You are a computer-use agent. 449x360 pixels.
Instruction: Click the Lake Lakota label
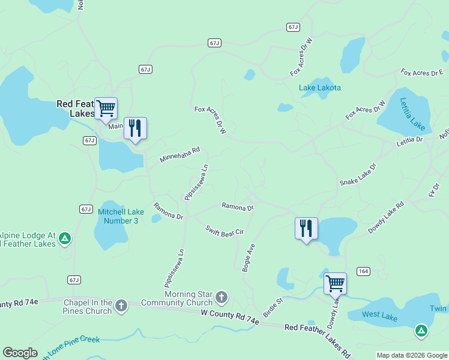pyautogui.click(x=320, y=88)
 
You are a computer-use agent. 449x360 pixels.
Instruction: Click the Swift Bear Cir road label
pyautogui.click(x=224, y=230)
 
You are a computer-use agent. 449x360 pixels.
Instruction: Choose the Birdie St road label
pyautogui.click(x=272, y=308)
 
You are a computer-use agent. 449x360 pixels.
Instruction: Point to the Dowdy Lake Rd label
pyautogui.click(x=386, y=217)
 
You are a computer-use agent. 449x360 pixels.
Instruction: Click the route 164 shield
pyautogui.click(x=363, y=271)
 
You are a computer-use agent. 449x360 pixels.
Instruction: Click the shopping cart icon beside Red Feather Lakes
pyautogui.click(x=106, y=109)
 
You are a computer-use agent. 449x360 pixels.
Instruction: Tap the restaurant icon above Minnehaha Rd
pyautogui.click(x=135, y=128)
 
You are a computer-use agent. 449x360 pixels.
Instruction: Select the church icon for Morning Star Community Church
pyautogui.click(x=221, y=296)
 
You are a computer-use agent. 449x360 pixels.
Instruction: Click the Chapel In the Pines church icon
pyautogui.click(x=121, y=306)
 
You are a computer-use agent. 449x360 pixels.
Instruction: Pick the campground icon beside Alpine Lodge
pyautogui.click(x=65, y=239)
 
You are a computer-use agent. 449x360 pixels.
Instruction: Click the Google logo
pyautogui.click(x=20, y=353)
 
